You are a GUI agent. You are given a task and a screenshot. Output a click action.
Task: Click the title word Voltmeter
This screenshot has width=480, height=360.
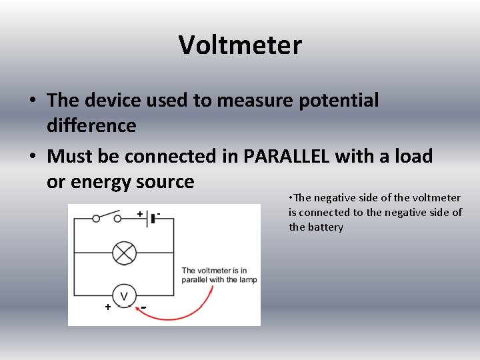(x=240, y=45)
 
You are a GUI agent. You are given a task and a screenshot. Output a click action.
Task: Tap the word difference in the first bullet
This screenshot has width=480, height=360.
(x=91, y=125)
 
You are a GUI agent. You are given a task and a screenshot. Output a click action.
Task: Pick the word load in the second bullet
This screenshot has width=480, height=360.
(x=414, y=157)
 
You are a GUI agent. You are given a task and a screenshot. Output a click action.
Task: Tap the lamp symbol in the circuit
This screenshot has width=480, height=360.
(x=124, y=253)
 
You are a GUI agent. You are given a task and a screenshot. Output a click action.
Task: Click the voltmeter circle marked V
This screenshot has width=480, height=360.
(x=124, y=295)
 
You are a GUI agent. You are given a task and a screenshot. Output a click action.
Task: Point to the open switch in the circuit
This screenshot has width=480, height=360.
(x=107, y=217)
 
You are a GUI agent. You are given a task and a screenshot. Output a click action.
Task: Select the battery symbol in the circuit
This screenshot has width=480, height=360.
(x=152, y=217)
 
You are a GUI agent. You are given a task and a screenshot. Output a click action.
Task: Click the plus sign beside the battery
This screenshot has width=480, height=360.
(x=140, y=213)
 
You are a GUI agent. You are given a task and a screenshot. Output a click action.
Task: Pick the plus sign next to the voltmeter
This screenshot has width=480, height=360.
(x=107, y=307)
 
